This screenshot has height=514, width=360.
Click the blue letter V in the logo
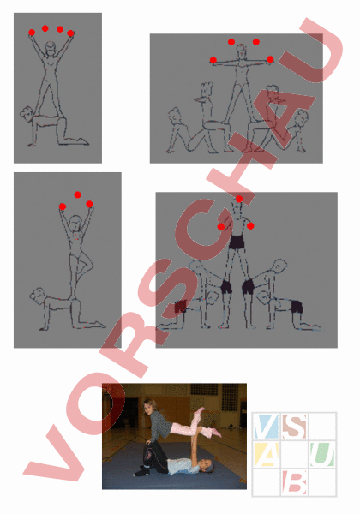pyautogui.click(x=266, y=426)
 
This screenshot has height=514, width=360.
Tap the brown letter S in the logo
pyautogui.click(x=294, y=426)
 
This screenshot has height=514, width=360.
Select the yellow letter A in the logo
pyautogui.click(x=267, y=454)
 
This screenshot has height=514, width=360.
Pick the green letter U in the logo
pyautogui.click(x=322, y=454)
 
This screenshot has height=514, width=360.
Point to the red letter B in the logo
pyautogui.click(x=294, y=482)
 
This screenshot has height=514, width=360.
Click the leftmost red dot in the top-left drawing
pyautogui.click(x=32, y=33)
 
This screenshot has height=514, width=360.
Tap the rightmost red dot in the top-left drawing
pyautogui.click(x=70, y=33)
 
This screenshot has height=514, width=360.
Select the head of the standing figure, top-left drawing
pyautogui.click(x=50, y=48)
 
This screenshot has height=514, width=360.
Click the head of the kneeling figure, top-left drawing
pyautogui.click(x=27, y=112)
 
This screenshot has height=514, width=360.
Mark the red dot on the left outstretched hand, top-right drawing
pyautogui.click(x=213, y=60)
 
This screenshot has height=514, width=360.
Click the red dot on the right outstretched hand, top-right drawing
pyautogui.click(x=270, y=59)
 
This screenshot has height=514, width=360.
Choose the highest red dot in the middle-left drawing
pyautogui.click(x=77, y=194)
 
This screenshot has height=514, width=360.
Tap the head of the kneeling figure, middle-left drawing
pyautogui.click(x=37, y=295)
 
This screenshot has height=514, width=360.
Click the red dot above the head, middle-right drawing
pyautogui.click(x=239, y=199)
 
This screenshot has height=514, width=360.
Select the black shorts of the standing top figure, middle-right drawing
pyautogui.click(x=236, y=242)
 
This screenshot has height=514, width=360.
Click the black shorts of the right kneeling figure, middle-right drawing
pyautogui.click(x=297, y=307)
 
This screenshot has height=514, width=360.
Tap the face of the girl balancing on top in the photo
pyautogui.click(x=149, y=406)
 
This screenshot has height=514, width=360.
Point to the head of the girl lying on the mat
pyautogui.click(x=207, y=465)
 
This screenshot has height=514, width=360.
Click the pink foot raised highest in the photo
pyautogui.click(x=200, y=410)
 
